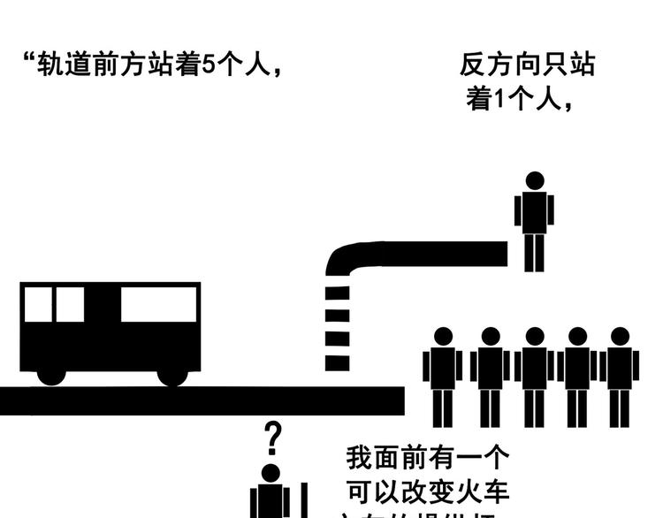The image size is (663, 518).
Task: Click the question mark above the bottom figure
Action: click(x=274, y=436)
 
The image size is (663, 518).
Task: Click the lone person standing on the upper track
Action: click(x=535, y=221)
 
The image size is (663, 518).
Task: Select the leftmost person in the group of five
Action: click(x=443, y=376)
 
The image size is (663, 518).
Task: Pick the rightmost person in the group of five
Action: click(x=620, y=376)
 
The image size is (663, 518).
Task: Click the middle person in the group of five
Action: click(x=534, y=376)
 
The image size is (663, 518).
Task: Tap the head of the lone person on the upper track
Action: click(x=535, y=181)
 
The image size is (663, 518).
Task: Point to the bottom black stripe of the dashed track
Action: click(x=338, y=362)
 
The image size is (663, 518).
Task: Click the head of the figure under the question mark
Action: click(x=271, y=473)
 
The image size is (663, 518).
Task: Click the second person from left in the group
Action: click(x=489, y=376)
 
